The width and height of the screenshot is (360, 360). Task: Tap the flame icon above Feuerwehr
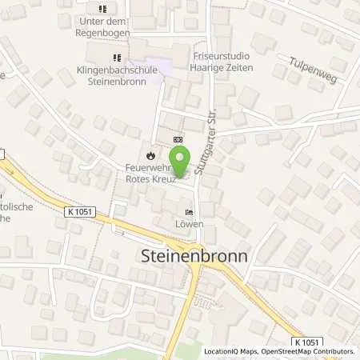click(x=149, y=154)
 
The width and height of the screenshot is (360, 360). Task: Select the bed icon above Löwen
click(x=189, y=213)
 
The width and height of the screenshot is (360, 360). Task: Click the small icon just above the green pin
click(x=178, y=139)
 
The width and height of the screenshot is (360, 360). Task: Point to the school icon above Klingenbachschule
click(x=117, y=58)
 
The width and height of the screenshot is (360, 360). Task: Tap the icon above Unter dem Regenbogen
click(x=101, y=9)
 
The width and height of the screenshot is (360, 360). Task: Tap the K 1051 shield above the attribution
click(x=304, y=342)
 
